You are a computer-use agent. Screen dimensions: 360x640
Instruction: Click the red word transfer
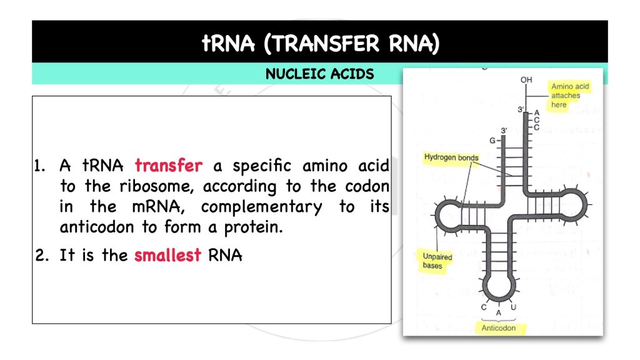169,166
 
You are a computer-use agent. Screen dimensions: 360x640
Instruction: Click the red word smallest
167,255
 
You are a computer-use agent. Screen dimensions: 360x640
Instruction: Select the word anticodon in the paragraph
96,227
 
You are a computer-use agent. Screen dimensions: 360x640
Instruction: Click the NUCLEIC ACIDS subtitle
319,74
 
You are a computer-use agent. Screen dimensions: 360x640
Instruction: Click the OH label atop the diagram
526,80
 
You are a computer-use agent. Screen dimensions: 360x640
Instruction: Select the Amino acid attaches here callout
569,96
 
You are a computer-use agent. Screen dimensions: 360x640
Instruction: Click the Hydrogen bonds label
451,157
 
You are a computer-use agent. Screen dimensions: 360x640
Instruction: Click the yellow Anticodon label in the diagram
499,327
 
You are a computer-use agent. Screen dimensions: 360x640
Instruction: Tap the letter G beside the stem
492,140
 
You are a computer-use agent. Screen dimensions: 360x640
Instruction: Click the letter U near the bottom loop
513,307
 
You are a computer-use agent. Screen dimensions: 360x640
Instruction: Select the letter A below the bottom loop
498,312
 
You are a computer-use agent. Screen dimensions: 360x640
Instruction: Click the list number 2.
41,255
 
